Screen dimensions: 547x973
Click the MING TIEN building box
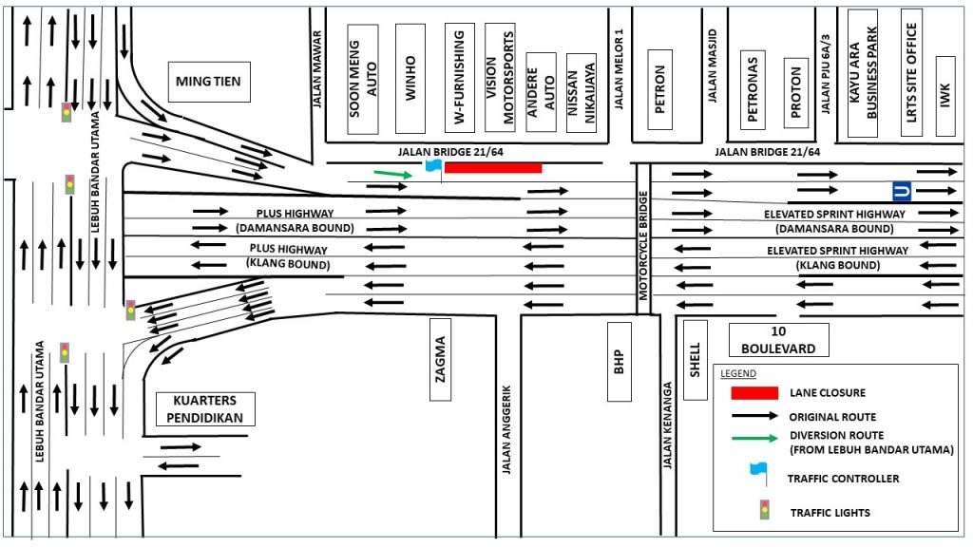tap(208, 82)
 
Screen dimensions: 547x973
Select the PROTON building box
tap(795, 91)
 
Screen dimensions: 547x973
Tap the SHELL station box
tap(695, 360)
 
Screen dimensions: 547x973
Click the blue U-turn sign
tap(903, 192)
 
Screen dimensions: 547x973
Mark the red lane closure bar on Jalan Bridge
tap(493, 168)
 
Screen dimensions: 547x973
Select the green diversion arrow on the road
tap(392, 174)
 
